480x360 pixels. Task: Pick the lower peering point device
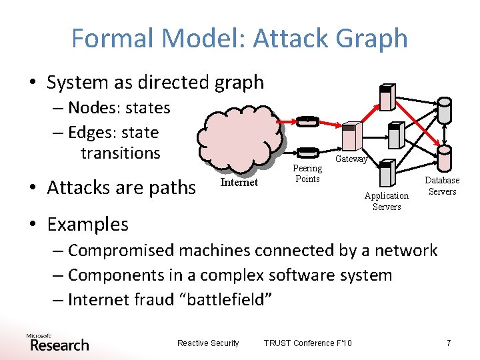[307, 153]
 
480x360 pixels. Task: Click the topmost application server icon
[385, 97]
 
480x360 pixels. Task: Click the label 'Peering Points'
[307, 174]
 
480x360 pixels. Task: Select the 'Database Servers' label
[443, 186]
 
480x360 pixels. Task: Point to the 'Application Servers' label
[387, 201]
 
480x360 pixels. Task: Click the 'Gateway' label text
[351, 159]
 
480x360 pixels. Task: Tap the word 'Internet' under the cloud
[239, 183]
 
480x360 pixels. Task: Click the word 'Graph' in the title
[373, 38]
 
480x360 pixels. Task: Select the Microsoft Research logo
[58, 343]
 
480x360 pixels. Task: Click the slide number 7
[449, 343]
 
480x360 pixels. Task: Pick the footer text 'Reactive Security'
[208, 343]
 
